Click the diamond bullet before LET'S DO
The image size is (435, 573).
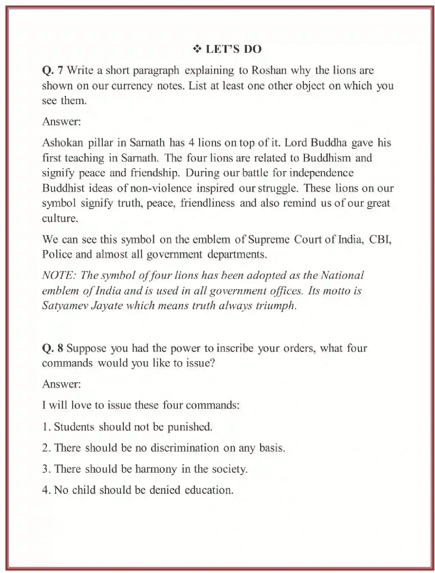point(197,49)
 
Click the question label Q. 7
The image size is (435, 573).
point(52,70)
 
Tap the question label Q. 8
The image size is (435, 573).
point(52,348)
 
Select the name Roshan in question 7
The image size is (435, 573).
point(269,70)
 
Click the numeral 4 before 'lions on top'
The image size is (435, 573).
point(191,143)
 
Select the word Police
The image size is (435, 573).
point(57,254)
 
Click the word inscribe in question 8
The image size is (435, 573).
point(235,348)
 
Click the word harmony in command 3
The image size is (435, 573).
point(156,469)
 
